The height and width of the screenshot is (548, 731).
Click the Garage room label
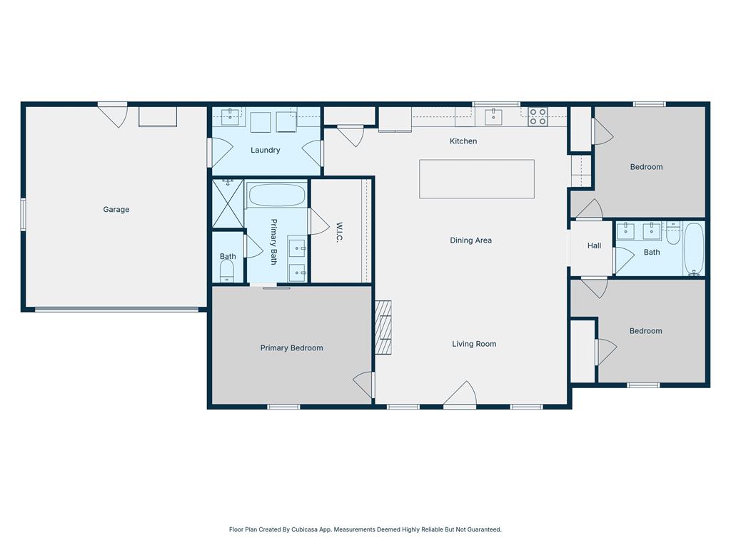(116, 210)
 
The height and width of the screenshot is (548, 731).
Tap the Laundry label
(266, 150)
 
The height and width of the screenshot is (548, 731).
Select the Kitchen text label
(463, 141)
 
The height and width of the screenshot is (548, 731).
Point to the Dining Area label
(470, 240)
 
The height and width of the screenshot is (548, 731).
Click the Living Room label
(474, 344)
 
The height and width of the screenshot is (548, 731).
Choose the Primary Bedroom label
(291, 348)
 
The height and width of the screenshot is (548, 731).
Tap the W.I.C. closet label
(339, 232)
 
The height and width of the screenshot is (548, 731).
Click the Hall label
(594, 245)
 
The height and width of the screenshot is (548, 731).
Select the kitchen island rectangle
(476, 179)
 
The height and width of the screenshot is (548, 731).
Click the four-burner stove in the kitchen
(538, 116)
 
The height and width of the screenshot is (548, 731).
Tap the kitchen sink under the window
(493, 116)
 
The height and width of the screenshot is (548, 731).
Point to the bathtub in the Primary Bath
(276, 196)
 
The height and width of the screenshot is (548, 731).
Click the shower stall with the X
(228, 203)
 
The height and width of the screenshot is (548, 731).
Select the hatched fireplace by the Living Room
(383, 328)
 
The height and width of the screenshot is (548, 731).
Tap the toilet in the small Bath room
(226, 270)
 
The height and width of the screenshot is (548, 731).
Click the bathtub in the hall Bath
(694, 249)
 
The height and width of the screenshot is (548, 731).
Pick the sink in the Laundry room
(231, 117)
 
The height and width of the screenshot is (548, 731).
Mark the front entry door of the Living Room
(460, 394)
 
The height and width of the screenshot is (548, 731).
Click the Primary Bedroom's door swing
(363, 385)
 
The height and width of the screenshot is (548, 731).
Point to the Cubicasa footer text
(365, 529)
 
